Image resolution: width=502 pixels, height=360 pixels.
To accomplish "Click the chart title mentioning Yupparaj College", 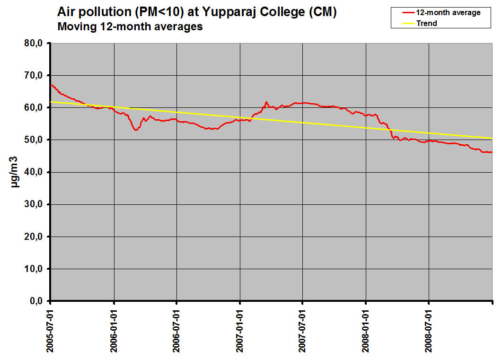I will (x=197, y=12).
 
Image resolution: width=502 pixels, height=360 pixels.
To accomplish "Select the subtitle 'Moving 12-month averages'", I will (x=130, y=27).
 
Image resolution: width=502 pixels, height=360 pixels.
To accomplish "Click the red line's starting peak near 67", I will (x=51, y=85).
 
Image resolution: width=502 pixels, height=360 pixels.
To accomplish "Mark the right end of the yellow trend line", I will (x=492, y=138).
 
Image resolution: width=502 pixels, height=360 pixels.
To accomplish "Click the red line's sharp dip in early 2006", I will (x=136, y=129).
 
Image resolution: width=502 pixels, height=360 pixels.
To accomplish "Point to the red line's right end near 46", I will (x=492, y=152).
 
